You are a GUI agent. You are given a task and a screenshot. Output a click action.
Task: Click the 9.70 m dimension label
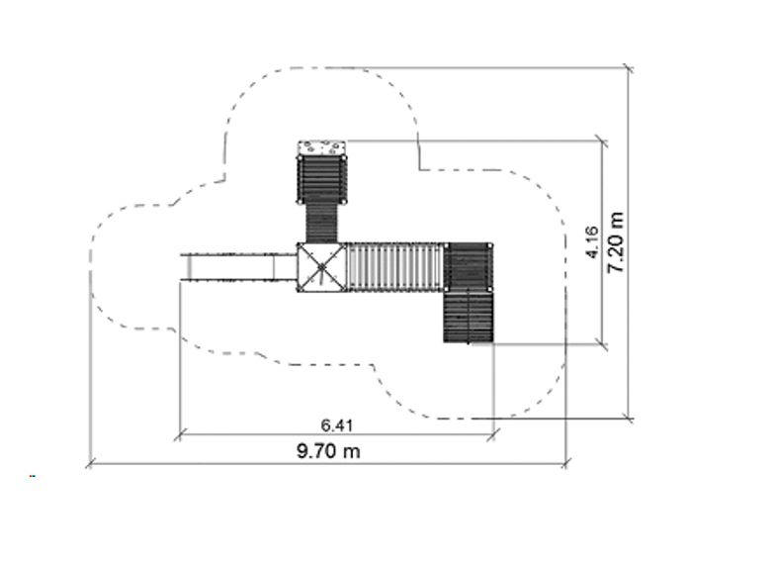(328, 451)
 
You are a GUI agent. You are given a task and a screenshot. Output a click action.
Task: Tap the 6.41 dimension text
(337, 425)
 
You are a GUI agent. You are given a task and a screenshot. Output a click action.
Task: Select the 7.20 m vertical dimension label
(616, 242)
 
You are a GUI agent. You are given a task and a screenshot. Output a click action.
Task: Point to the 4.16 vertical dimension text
(592, 242)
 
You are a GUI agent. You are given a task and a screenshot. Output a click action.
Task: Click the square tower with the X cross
(321, 268)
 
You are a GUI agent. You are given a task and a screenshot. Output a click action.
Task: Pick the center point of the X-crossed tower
(321, 268)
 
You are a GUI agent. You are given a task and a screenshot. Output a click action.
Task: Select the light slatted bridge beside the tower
(395, 267)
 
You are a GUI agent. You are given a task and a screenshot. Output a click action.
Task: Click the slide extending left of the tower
(238, 268)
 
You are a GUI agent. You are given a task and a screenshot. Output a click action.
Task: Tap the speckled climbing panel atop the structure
(321, 148)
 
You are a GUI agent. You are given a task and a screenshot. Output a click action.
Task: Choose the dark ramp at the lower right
(469, 318)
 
